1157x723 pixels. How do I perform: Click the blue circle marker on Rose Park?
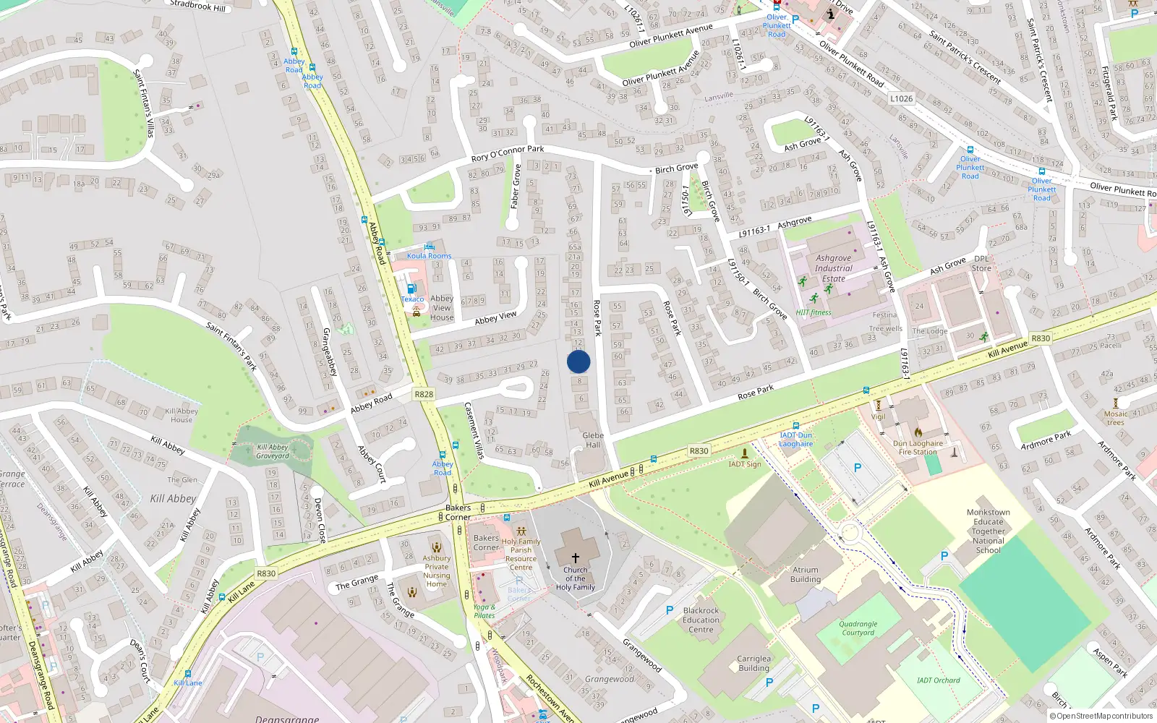click(578, 361)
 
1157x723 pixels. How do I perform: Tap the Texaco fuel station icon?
click(411, 288)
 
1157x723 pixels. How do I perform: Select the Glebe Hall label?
click(593, 440)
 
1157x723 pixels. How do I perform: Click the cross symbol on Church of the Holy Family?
click(576, 557)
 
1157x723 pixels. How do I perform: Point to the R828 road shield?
click(424, 394)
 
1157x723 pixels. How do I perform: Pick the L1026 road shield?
click(901, 98)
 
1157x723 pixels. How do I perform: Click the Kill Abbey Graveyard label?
click(273, 451)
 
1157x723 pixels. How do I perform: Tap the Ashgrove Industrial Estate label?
click(833, 268)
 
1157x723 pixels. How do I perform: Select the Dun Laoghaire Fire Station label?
click(918, 448)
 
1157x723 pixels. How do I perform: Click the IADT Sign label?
click(745, 464)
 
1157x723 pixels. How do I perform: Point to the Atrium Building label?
click(805, 574)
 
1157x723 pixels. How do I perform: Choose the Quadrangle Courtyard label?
click(858, 628)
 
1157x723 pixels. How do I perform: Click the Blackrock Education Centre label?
click(701, 620)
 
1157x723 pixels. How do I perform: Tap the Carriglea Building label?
click(753, 663)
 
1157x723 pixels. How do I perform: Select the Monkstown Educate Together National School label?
click(988, 531)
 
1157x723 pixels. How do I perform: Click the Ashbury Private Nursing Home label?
click(437, 571)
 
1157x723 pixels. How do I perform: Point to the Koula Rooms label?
click(429, 255)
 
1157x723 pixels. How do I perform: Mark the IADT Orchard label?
click(938, 680)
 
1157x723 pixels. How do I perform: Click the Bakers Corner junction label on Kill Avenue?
click(458, 513)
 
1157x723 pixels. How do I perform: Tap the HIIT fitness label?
click(814, 312)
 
